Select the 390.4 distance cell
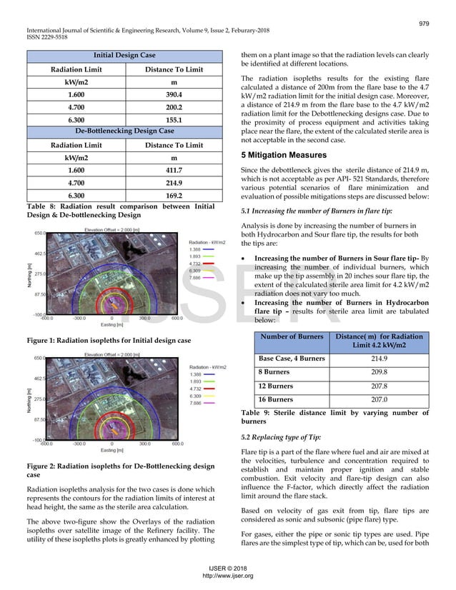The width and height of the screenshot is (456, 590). (174, 94)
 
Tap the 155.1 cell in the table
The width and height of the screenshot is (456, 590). (174, 120)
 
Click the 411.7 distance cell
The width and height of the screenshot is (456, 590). (174, 170)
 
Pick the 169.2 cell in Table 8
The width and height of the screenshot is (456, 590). (174, 196)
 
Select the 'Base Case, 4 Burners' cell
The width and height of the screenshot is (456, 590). (292, 358)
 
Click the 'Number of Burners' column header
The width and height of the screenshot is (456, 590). (292, 337)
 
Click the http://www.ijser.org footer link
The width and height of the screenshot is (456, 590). (228, 576)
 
